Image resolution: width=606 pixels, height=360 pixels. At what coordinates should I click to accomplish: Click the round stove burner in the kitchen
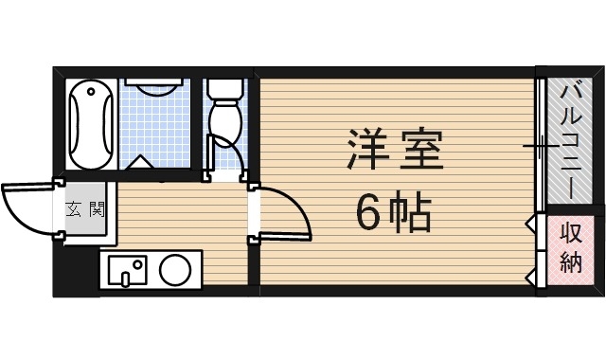pyautogui.click(x=174, y=271)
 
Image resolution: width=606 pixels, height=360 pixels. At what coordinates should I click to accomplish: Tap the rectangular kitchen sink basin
pyautogui.click(x=127, y=270)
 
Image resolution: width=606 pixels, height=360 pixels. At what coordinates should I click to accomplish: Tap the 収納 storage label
pyautogui.click(x=569, y=248)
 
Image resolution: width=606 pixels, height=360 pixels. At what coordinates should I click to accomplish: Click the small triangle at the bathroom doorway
pyautogui.click(x=143, y=162)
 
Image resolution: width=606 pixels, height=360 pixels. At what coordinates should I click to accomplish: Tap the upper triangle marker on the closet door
pyautogui.click(x=530, y=225)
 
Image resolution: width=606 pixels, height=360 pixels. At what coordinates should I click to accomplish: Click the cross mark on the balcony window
pyautogui.click(x=541, y=146)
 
